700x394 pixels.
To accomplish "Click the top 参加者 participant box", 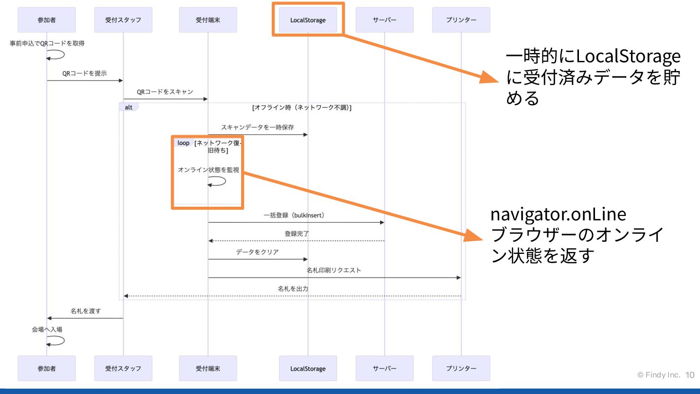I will point(47,20).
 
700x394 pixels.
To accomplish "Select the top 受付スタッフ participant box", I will point(123,20).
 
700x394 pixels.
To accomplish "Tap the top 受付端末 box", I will point(208,20).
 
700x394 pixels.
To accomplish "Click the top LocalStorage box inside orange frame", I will point(308,20).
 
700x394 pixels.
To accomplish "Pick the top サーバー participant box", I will point(385,20).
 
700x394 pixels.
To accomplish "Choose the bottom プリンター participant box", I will point(461,368).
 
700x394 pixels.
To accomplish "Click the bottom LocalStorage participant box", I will point(308,368).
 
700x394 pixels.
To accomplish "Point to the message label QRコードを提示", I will point(85,73).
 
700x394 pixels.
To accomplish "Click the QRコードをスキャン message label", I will point(165,91).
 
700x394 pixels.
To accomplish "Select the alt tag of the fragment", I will point(129,107).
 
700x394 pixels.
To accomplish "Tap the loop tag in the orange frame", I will point(183,143).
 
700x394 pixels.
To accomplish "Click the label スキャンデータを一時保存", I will point(257,127).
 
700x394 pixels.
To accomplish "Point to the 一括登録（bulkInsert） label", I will point(294,215).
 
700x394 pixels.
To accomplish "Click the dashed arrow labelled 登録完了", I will point(297,241).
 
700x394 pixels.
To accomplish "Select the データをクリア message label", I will point(257,252).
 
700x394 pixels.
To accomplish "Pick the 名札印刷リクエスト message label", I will point(333,270).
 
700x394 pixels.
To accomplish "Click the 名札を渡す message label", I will point(86,311).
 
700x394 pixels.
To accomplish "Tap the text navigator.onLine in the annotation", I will point(558,215).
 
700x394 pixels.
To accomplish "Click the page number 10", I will point(690,375).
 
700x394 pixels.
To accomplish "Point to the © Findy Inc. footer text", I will point(659,375).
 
